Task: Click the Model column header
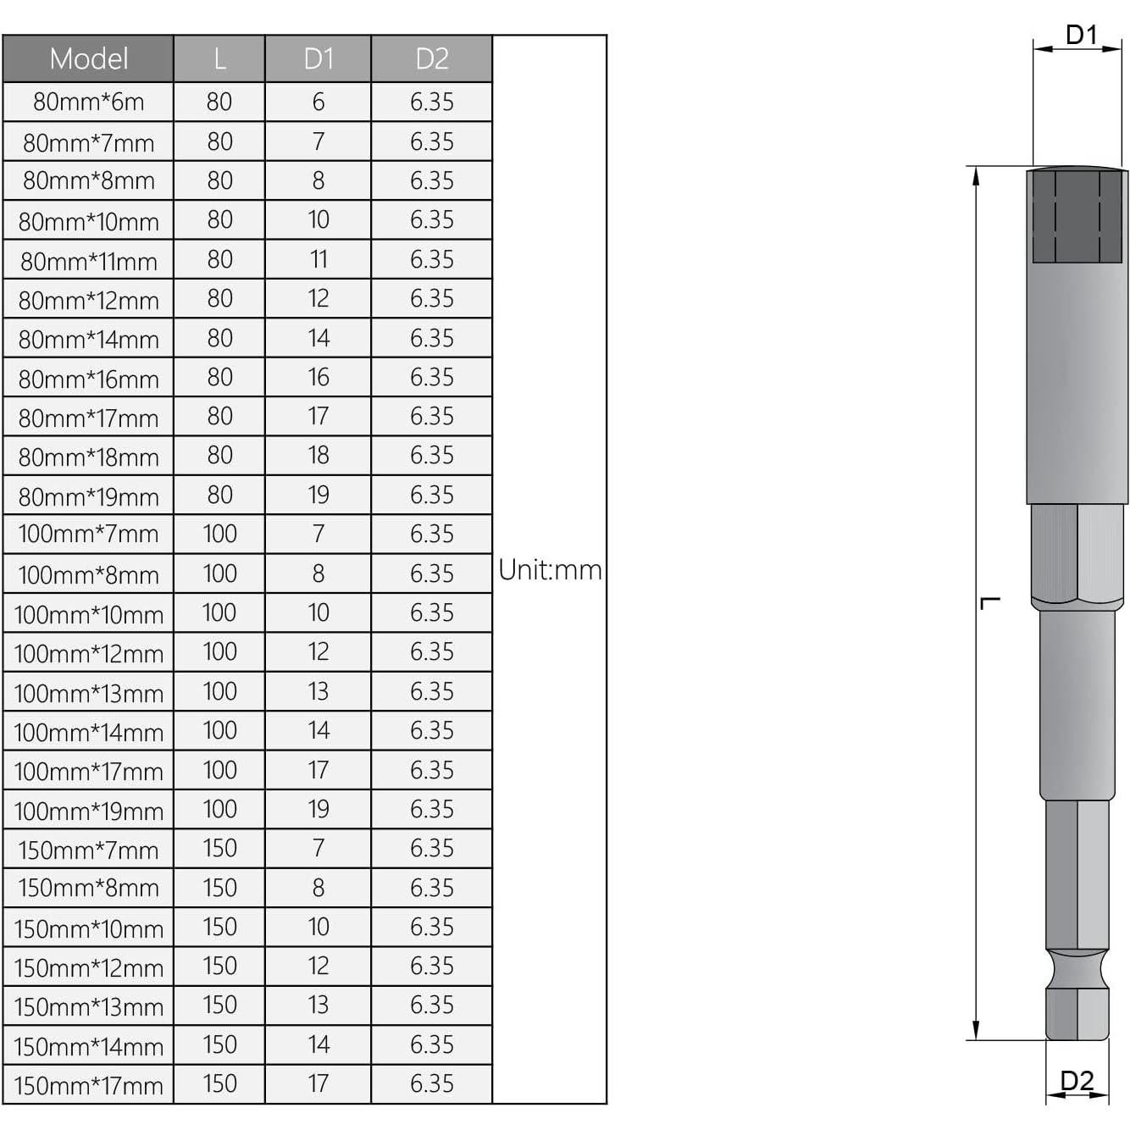coord(88,58)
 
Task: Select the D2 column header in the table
coord(431,58)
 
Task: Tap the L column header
coord(219,58)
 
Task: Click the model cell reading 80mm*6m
coord(88,102)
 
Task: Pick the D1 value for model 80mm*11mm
coord(318,259)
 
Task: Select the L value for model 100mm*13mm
coord(219,691)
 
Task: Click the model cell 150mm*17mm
coord(88,1084)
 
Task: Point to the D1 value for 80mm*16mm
coord(318,377)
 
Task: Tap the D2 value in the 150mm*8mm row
coord(431,888)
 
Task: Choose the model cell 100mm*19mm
coord(88,810)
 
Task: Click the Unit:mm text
coord(550,570)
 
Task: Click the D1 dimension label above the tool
coord(1081,35)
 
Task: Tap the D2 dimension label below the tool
coord(1077,1081)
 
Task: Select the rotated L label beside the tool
coord(989,603)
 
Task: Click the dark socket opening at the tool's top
coord(1077,217)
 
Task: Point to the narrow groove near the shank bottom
coord(1077,968)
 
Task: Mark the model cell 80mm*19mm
coord(88,496)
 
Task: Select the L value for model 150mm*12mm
coord(219,966)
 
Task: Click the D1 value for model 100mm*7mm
coord(318,534)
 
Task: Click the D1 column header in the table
coord(318,58)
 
